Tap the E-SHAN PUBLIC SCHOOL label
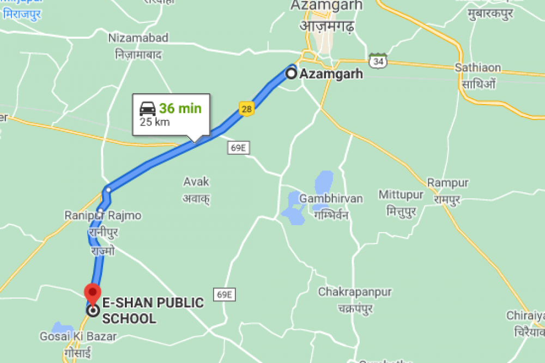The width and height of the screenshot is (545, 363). [x=153, y=310]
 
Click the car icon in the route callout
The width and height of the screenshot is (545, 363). [x=148, y=108]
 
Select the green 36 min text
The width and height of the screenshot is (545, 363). [x=180, y=108]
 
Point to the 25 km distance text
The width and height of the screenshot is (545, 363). [x=154, y=122]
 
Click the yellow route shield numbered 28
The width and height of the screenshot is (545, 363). [x=247, y=109]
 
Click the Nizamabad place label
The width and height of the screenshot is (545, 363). [x=138, y=38]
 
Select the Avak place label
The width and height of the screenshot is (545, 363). [x=196, y=181]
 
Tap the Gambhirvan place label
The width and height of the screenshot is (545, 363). [x=331, y=198]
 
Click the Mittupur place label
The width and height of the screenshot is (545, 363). [x=401, y=195]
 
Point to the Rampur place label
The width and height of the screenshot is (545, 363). [x=448, y=182]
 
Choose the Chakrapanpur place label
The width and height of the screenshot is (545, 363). [x=355, y=292]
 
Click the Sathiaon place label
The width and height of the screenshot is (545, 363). [x=478, y=68]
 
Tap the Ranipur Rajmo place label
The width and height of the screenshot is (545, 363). [x=103, y=215]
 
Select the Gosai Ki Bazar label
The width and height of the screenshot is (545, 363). [x=78, y=336]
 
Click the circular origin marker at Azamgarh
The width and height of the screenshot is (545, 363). [x=292, y=74]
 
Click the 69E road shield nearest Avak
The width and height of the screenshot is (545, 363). [x=239, y=148]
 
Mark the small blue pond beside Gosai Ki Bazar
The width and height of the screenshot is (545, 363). [x=58, y=328]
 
